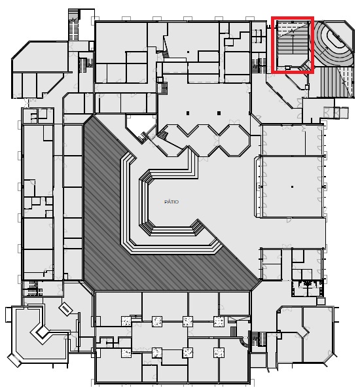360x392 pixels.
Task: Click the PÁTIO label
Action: pyautogui.click(x=171, y=202)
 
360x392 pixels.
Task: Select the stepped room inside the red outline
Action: pyautogui.click(x=293, y=45)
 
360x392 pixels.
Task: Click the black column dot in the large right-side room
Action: pyautogui.click(x=292, y=187)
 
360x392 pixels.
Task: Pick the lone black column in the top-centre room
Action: pyautogui.click(x=188, y=52)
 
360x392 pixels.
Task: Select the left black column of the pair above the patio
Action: pyautogui.click(x=188, y=113)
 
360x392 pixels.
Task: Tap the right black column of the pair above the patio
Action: pyautogui.click(x=219, y=113)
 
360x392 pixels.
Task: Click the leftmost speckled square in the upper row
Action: pyautogui.click(x=126, y=321)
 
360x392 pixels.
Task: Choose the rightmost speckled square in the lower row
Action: pyautogui.click(x=219, y=353)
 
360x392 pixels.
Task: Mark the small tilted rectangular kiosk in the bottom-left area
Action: pyautogui.click(x=65, y=310)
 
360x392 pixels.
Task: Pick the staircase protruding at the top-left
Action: pyautogui.click(x=74, y=25)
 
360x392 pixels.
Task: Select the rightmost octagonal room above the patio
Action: pyautogui.click(x=234, y=141)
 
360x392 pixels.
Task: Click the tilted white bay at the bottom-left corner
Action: pyautogui.click(x=14, y=361)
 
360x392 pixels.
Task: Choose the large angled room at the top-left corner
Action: pyautogui.click(x=40, y=70)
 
